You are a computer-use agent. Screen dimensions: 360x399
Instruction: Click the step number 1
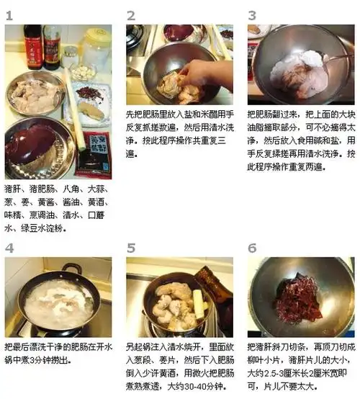(x=9, y=16)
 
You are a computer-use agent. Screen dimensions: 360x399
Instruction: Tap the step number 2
(x=131, y=16)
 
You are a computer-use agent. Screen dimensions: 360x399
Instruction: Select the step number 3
(x=252, y=16)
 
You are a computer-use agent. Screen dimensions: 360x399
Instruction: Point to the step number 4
(x=9, y=248)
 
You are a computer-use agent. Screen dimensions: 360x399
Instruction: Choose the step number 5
(x=131, y=248)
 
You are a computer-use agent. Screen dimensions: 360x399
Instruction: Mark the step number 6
(x=252, y=248)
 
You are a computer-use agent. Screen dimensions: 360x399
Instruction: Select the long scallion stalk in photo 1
(x=74, y=109)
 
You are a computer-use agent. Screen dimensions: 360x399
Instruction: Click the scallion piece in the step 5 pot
(x=199, y=304)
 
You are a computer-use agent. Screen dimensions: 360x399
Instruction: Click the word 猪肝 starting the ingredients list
(x=12, y=189)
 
